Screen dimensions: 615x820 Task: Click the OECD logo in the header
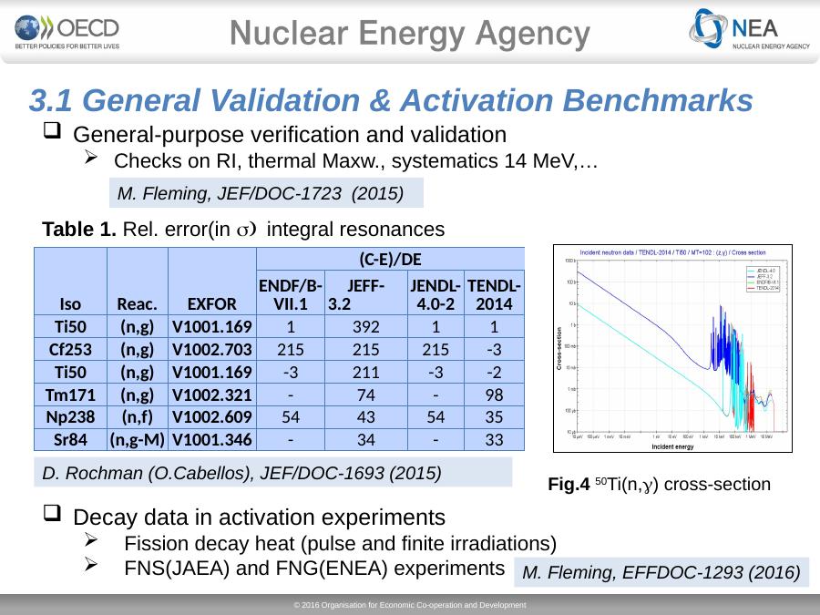coord(67,32)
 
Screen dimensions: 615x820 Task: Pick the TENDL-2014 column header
coord(494,292)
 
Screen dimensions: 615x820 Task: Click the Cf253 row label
coord(69,349)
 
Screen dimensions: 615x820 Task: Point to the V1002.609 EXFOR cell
coord(211,417)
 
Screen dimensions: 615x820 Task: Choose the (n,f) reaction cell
coord(137,417)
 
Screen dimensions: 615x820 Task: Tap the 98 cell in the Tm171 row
coord(494,395)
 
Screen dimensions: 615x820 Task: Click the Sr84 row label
coord(69,440)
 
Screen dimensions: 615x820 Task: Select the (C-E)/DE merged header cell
coord(390,258)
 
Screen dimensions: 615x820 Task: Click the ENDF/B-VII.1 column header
coord(290,292)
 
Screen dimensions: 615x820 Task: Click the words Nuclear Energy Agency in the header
coord(410,34)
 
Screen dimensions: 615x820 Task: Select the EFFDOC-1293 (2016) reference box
coord(662,572)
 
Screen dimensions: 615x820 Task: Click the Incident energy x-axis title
coord(671,447)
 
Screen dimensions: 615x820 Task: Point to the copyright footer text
coord(410,605)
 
